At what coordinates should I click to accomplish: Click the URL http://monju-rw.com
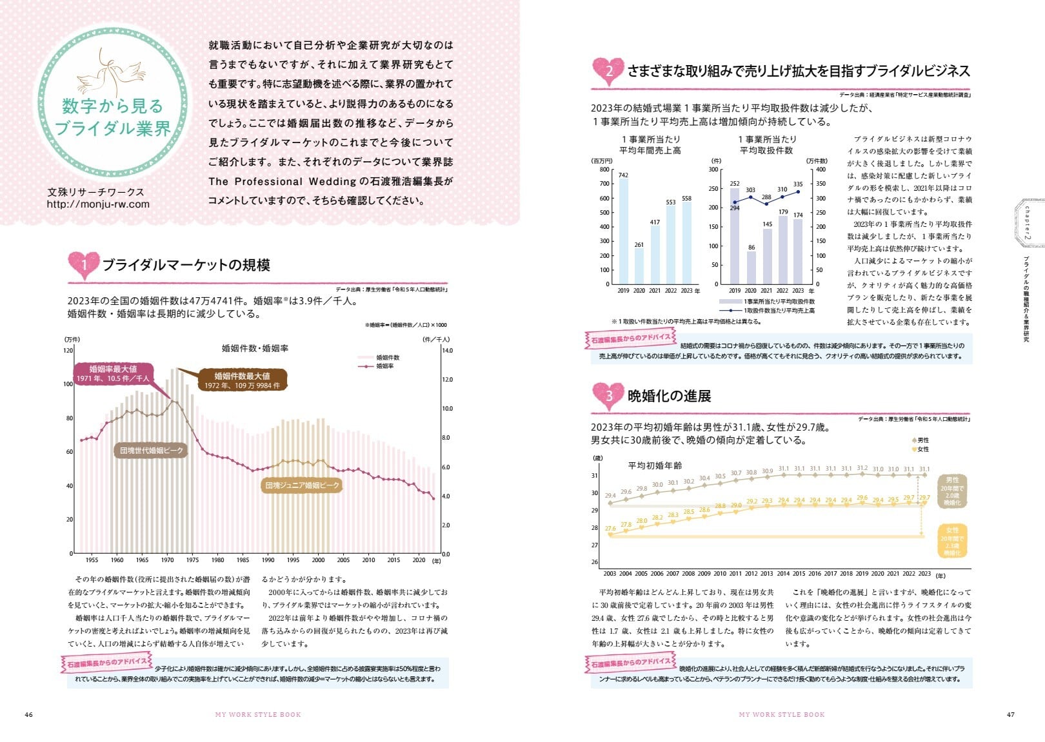(x=98, y=204)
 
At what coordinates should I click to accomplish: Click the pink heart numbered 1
(x=83, y=264)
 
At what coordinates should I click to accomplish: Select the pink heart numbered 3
(x=608, y=395)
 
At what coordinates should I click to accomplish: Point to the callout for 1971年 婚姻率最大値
(x=114, y=374)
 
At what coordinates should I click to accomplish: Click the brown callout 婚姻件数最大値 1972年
(x=242, y=380)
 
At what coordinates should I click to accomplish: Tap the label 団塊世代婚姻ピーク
(x=152, y=451)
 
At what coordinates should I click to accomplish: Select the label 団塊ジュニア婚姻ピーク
(x=302, y=485)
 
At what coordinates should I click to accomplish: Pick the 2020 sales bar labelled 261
(x=639, y=266)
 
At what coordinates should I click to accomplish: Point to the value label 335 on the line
(x=798, y=184)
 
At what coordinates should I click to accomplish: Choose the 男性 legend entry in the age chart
(x=921, y=440)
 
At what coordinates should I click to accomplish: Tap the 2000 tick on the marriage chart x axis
(x=318, y=560)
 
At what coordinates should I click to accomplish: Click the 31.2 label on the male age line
(x=862, y=469)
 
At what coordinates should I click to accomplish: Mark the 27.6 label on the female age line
(x=610, y=529)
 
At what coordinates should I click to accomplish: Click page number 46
(x=28, y=714)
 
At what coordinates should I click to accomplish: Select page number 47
(x=1010, y=714)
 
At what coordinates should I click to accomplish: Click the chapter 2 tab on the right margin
(x=1027, y=223)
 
